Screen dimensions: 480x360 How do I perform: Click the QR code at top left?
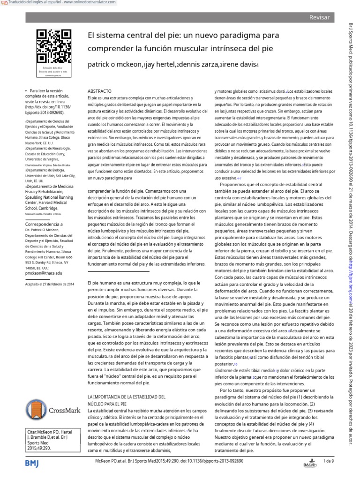click(47, 46)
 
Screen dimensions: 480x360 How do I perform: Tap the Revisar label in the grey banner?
click(319, 17)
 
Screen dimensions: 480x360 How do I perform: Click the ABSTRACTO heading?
click(100, 90)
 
